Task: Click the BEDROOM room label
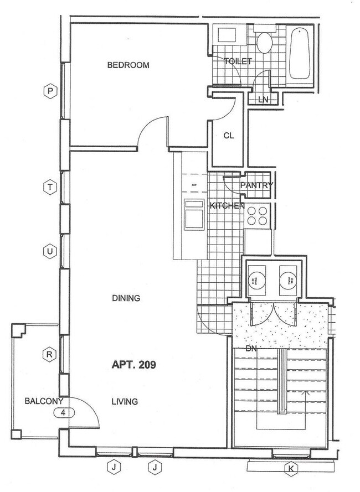(x=128, y=65)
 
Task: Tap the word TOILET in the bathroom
(x=238, y=61)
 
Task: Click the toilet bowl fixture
(x=263, y=42)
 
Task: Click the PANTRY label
(x=256, y=185)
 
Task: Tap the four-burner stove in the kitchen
(x=257, y=215)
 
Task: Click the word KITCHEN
(x=227, y=206)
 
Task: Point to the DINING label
(x=126, y=298)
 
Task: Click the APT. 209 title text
(x=134, y=365)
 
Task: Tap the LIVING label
(x=124, y=402)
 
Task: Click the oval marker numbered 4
(x=64, y=412)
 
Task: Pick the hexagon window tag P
(x=50, y=91)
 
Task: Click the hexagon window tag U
(x=50, y=251)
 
